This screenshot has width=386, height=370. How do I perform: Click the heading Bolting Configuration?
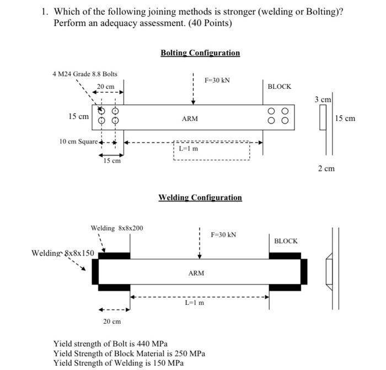pos(200,53)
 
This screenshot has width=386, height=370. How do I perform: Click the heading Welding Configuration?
pos(200,197)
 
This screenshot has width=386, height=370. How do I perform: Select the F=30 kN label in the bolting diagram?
pos(217,80)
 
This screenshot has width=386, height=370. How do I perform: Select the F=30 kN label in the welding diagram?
pos(223,234)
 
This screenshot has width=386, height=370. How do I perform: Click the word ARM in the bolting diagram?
pos(190,119)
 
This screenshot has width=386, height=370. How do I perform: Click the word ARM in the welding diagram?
pos(196,272)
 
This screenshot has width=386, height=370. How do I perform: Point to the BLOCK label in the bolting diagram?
pos(279,87)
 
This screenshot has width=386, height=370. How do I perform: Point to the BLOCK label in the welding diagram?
pos(286,241)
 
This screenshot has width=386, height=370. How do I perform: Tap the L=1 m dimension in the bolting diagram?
pos(189,148)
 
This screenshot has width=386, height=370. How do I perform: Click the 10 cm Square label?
pos(78,142)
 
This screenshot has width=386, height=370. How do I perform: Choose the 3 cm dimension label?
pos(323,99)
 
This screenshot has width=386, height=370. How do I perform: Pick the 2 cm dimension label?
pos(326,168)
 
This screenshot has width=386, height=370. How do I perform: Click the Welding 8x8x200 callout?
pos(117,228)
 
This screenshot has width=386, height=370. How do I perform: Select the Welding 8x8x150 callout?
pos(62,253)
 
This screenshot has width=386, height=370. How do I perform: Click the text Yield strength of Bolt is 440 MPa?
pos(110,344)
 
